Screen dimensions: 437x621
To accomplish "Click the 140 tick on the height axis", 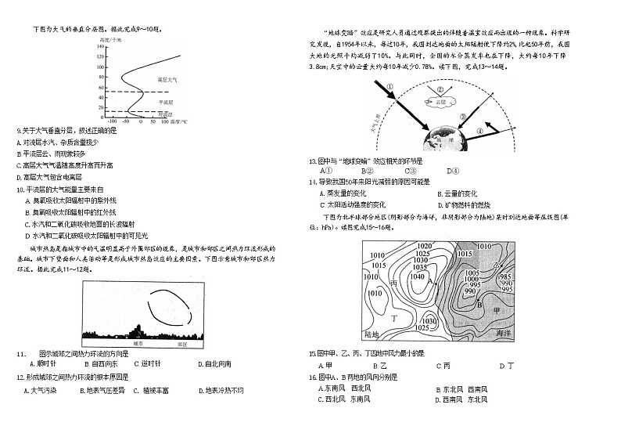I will pyautogui.click(x=101, y=45).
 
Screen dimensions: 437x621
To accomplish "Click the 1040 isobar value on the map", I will pyautogui.click(x=417, y=276).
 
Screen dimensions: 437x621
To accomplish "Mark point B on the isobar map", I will pyautogui.click(x=479, y=305).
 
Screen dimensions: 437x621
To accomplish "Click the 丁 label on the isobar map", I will pyautogui.click(x=394, y=320).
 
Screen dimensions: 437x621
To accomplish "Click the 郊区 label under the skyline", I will pyautogui.click(x=182, y=343).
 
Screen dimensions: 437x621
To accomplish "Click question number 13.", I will pyautogui.click(x=312, y=161).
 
